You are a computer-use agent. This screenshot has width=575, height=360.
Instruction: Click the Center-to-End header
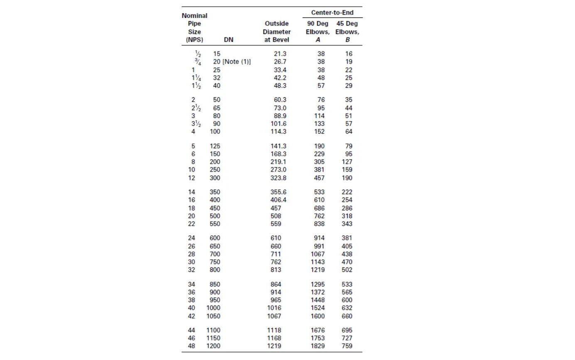[x=332, y=12]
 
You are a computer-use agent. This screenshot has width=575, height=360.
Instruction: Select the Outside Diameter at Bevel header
[x=277, y=32]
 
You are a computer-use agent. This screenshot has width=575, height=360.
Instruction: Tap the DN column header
[x=229, y=40]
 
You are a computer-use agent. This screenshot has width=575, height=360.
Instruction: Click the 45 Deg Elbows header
[x=347, y=32]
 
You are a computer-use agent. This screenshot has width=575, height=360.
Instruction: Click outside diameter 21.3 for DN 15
[x=278, y=54]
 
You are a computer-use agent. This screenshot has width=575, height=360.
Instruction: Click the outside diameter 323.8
[x=278, y=178]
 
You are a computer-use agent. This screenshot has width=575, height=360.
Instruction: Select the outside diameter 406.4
[x=278, y=200]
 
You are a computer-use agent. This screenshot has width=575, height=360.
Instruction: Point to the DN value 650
[x=215, y=246]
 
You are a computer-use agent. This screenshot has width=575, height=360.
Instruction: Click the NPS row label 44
[x=192, y=330]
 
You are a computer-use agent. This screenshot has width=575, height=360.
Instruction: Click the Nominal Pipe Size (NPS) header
[x=194, y=28]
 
